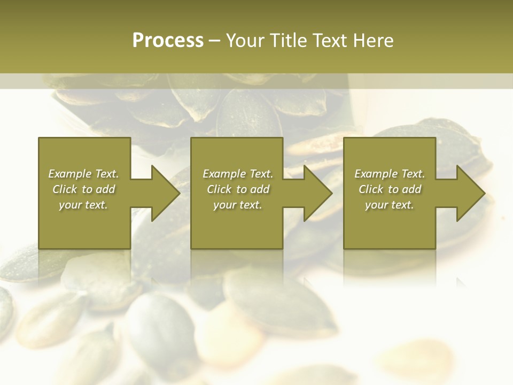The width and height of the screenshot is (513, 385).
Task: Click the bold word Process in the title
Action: [x=168, y=41]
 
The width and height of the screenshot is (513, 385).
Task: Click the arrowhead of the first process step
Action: [x=164, y=194]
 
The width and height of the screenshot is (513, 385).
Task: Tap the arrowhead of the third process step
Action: [x=469, y=194]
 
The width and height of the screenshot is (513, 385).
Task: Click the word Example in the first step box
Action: [x=69, y=174]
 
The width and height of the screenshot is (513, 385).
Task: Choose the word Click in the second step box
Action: [x=219, y=189]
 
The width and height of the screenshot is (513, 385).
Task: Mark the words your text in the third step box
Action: [x=389, y=205]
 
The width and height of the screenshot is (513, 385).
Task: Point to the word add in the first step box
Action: [x=105, y=189]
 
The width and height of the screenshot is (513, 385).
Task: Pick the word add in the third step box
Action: [x=411, y=189]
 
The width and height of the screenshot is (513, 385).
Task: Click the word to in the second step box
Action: [x=242, y=189]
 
